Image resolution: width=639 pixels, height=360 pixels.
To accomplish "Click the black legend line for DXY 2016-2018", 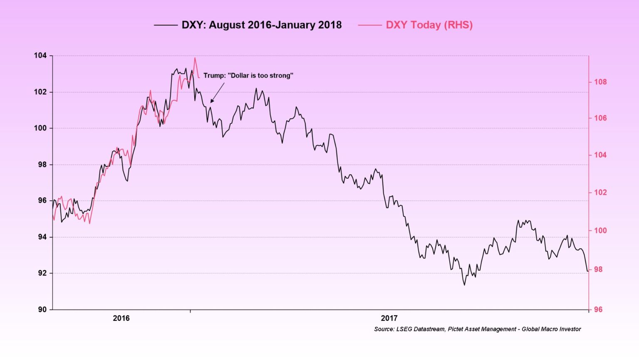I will pyautogui.click(x=166, y=25).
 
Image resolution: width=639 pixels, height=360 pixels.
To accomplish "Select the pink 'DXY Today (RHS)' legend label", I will pyautogui.click(x=429, y=25).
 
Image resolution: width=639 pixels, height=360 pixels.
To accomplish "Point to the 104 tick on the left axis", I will pyautogui.click(x=40, y=56).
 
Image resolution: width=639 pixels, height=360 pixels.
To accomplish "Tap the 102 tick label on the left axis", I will pyautogui.click(x=40, y=92).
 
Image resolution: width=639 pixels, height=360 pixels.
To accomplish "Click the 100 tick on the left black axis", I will pyautogui.click(x=40, y=128).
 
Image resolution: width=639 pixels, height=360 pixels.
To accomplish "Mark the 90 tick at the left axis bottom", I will pyautogui.click(x=42, y=309).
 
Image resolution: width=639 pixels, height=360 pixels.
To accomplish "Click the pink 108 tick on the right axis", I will pyautogui.click(x=600, y=82).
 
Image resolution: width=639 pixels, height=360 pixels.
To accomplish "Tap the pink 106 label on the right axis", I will pyautogui.click(x=600, y=118).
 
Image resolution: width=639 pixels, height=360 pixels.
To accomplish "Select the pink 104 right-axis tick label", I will pyautogui.click(x=600, y=155).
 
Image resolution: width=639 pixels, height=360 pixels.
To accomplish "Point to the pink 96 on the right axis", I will pyautogui.click(x=598, y=309).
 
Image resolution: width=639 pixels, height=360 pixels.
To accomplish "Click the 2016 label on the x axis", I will pyautogui.click(x=121, y=318).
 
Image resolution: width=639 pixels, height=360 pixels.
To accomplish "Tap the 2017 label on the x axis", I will pyautogui.click(x=389, y=318).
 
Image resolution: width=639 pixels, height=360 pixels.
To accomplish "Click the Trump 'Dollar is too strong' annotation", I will pyautogui.click(x=248, y=76).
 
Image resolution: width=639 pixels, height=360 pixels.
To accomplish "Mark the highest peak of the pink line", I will pyautogui.click(x=195, y=58).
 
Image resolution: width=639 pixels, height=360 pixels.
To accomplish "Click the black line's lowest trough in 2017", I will pyautogui.click(x=464, y=285).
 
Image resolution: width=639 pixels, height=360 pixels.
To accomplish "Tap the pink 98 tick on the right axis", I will pyautogui.click(x=598, y=269).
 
